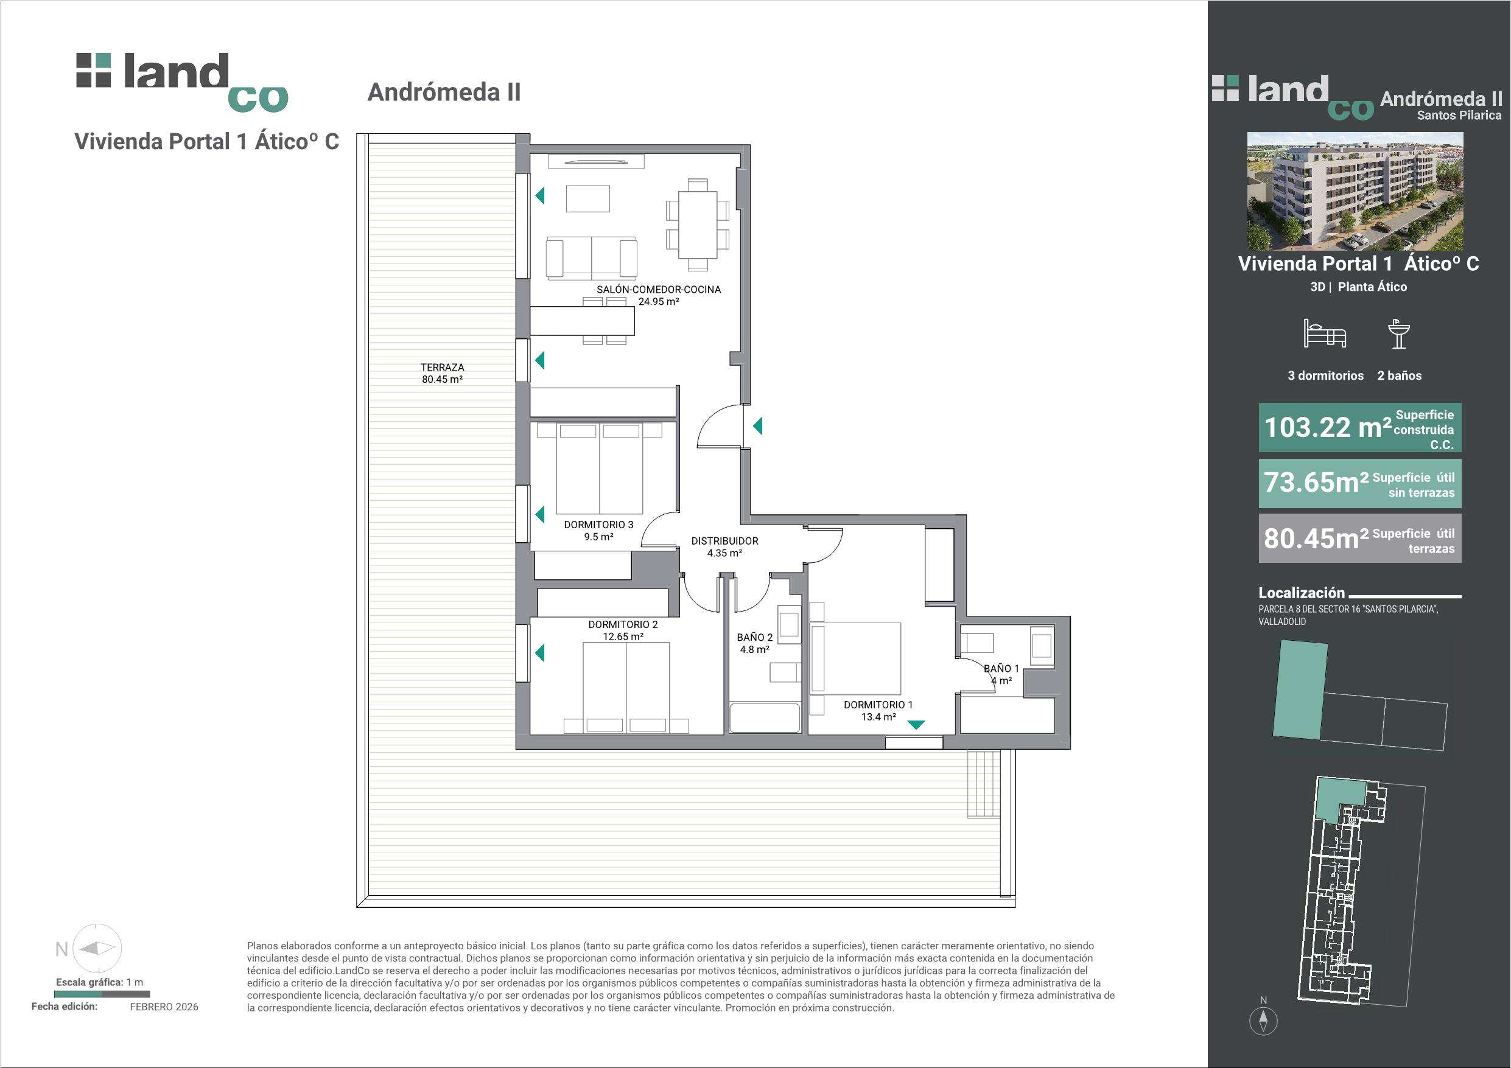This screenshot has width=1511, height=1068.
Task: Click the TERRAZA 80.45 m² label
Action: pos(442,373)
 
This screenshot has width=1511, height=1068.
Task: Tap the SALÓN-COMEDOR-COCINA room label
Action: pos(658,290)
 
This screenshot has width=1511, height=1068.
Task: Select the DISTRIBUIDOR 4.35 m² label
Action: pos(724,547)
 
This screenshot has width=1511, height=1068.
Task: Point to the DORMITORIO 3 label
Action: pos(598,525)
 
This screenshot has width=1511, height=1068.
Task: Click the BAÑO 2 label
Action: pos(754,637)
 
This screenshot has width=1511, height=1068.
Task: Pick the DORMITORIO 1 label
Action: pos(878,705)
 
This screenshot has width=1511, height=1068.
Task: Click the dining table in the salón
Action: pos(698,225)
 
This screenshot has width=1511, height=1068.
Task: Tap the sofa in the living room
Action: pos(592,257)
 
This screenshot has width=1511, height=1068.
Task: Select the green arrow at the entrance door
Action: pos(757,427)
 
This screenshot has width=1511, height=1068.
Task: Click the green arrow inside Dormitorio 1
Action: pos(916,725)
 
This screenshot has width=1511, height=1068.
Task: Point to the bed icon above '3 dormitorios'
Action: pos(1325,333)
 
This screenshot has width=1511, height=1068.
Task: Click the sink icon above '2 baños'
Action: pos(1398,333)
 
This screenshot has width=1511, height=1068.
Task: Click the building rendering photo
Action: pos(1356,191)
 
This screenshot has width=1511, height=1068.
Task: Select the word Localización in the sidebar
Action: pos(1302,592)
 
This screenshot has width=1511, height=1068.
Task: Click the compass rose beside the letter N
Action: pos(97,948)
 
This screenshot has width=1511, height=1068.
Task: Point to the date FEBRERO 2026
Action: pos(164,1007)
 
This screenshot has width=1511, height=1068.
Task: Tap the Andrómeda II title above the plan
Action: pos(444,92)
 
